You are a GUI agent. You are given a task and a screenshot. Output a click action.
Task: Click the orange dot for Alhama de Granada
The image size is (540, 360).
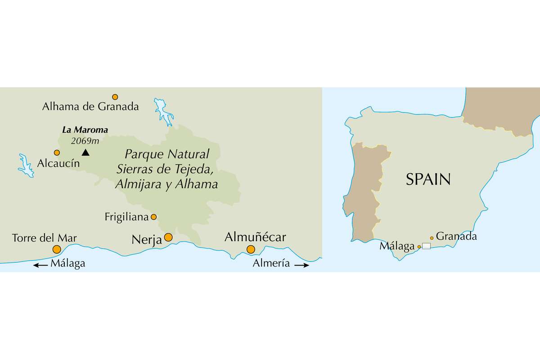pos(115,97)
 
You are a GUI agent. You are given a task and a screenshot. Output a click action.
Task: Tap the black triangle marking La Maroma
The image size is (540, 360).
pos(85,153)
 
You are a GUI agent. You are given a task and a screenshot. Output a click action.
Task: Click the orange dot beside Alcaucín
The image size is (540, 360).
pos(57,153)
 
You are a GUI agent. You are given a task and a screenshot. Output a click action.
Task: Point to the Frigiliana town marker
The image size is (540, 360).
pos(153,217)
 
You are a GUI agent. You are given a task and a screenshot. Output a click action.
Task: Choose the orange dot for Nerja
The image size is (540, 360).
pos(168,237)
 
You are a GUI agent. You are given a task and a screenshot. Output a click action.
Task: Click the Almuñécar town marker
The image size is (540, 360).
pos(251,249)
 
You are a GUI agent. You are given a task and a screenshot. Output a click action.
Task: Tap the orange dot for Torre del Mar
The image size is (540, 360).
pos(57,249)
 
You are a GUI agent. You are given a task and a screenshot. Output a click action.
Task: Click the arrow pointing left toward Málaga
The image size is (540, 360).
pos(40,265)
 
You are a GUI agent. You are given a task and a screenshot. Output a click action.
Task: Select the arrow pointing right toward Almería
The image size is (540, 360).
pos(301,265)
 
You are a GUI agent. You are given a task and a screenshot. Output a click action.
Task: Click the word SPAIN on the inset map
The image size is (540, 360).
pos(428,180)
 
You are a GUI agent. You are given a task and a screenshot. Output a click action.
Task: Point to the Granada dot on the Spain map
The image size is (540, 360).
pos(432,238)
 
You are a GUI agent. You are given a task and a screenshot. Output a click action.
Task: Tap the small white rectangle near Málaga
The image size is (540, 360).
pos(426,246)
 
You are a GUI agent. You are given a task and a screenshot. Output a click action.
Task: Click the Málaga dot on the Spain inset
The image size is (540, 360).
pos(419,247)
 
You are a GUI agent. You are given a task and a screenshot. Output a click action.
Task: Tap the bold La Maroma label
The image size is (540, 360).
pos(85,130)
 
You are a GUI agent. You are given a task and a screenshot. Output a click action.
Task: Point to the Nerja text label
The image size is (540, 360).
pos(147,239)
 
